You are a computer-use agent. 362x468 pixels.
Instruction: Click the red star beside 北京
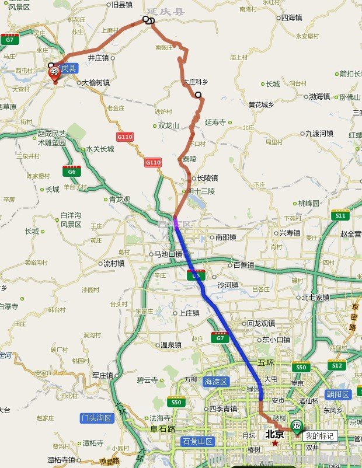point(274,443)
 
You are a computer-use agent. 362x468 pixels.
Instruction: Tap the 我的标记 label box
point(319,435)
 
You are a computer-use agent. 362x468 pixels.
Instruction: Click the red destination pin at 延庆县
point(54,72)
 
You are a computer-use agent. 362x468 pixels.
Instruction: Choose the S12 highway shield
point(336,365)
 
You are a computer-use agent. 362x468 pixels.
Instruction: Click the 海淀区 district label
point(216,381)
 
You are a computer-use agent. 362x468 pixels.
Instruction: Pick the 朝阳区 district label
point(338,394)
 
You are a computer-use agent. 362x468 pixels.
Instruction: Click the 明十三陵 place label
point(201,191)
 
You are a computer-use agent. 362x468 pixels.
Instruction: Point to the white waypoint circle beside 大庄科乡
point(199,95)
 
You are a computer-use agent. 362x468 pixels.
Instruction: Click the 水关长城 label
point(100,149)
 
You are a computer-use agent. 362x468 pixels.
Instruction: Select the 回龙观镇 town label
point(260,323)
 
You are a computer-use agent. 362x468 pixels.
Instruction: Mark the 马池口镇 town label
point(168,254)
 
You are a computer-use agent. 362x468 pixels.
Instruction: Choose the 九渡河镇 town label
point(318,133)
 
